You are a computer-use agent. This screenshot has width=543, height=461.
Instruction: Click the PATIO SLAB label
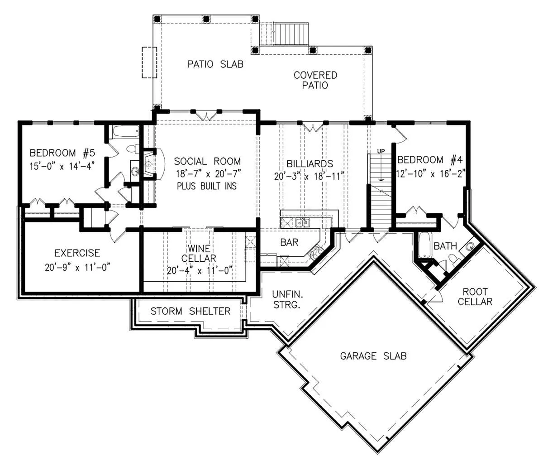[215, 64]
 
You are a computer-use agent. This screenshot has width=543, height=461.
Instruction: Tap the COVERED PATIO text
[315, 80]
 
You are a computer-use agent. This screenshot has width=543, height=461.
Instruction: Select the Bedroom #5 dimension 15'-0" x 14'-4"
[62, 166]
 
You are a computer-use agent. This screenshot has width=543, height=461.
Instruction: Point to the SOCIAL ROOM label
[207, 161]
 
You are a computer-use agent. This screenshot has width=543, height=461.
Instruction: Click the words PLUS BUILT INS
[207, 186]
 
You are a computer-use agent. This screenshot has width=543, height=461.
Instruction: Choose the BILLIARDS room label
[310, 164]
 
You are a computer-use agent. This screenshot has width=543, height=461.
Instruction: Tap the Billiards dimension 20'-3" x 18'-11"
[309, 176]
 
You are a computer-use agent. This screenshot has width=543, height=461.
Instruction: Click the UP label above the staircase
[381, 151]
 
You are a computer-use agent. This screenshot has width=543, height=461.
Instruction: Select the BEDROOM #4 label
[430, 159]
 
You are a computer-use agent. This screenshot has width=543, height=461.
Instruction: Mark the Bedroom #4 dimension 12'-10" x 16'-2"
[431, 173]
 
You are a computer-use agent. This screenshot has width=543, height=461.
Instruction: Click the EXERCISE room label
[77, 253]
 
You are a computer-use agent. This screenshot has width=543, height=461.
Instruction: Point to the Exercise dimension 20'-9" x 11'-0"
[77, 268]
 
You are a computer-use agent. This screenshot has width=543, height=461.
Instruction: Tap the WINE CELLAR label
[199, 253]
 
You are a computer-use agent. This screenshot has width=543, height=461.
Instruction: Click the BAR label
[289, 242]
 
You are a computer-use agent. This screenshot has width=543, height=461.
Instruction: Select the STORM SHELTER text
[191, 312]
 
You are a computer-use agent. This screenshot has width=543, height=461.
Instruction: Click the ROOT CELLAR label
[475, 296]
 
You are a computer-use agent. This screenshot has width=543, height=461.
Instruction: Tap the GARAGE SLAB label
[373, 356]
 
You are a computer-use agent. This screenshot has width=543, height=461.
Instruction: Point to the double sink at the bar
[303, 222]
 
